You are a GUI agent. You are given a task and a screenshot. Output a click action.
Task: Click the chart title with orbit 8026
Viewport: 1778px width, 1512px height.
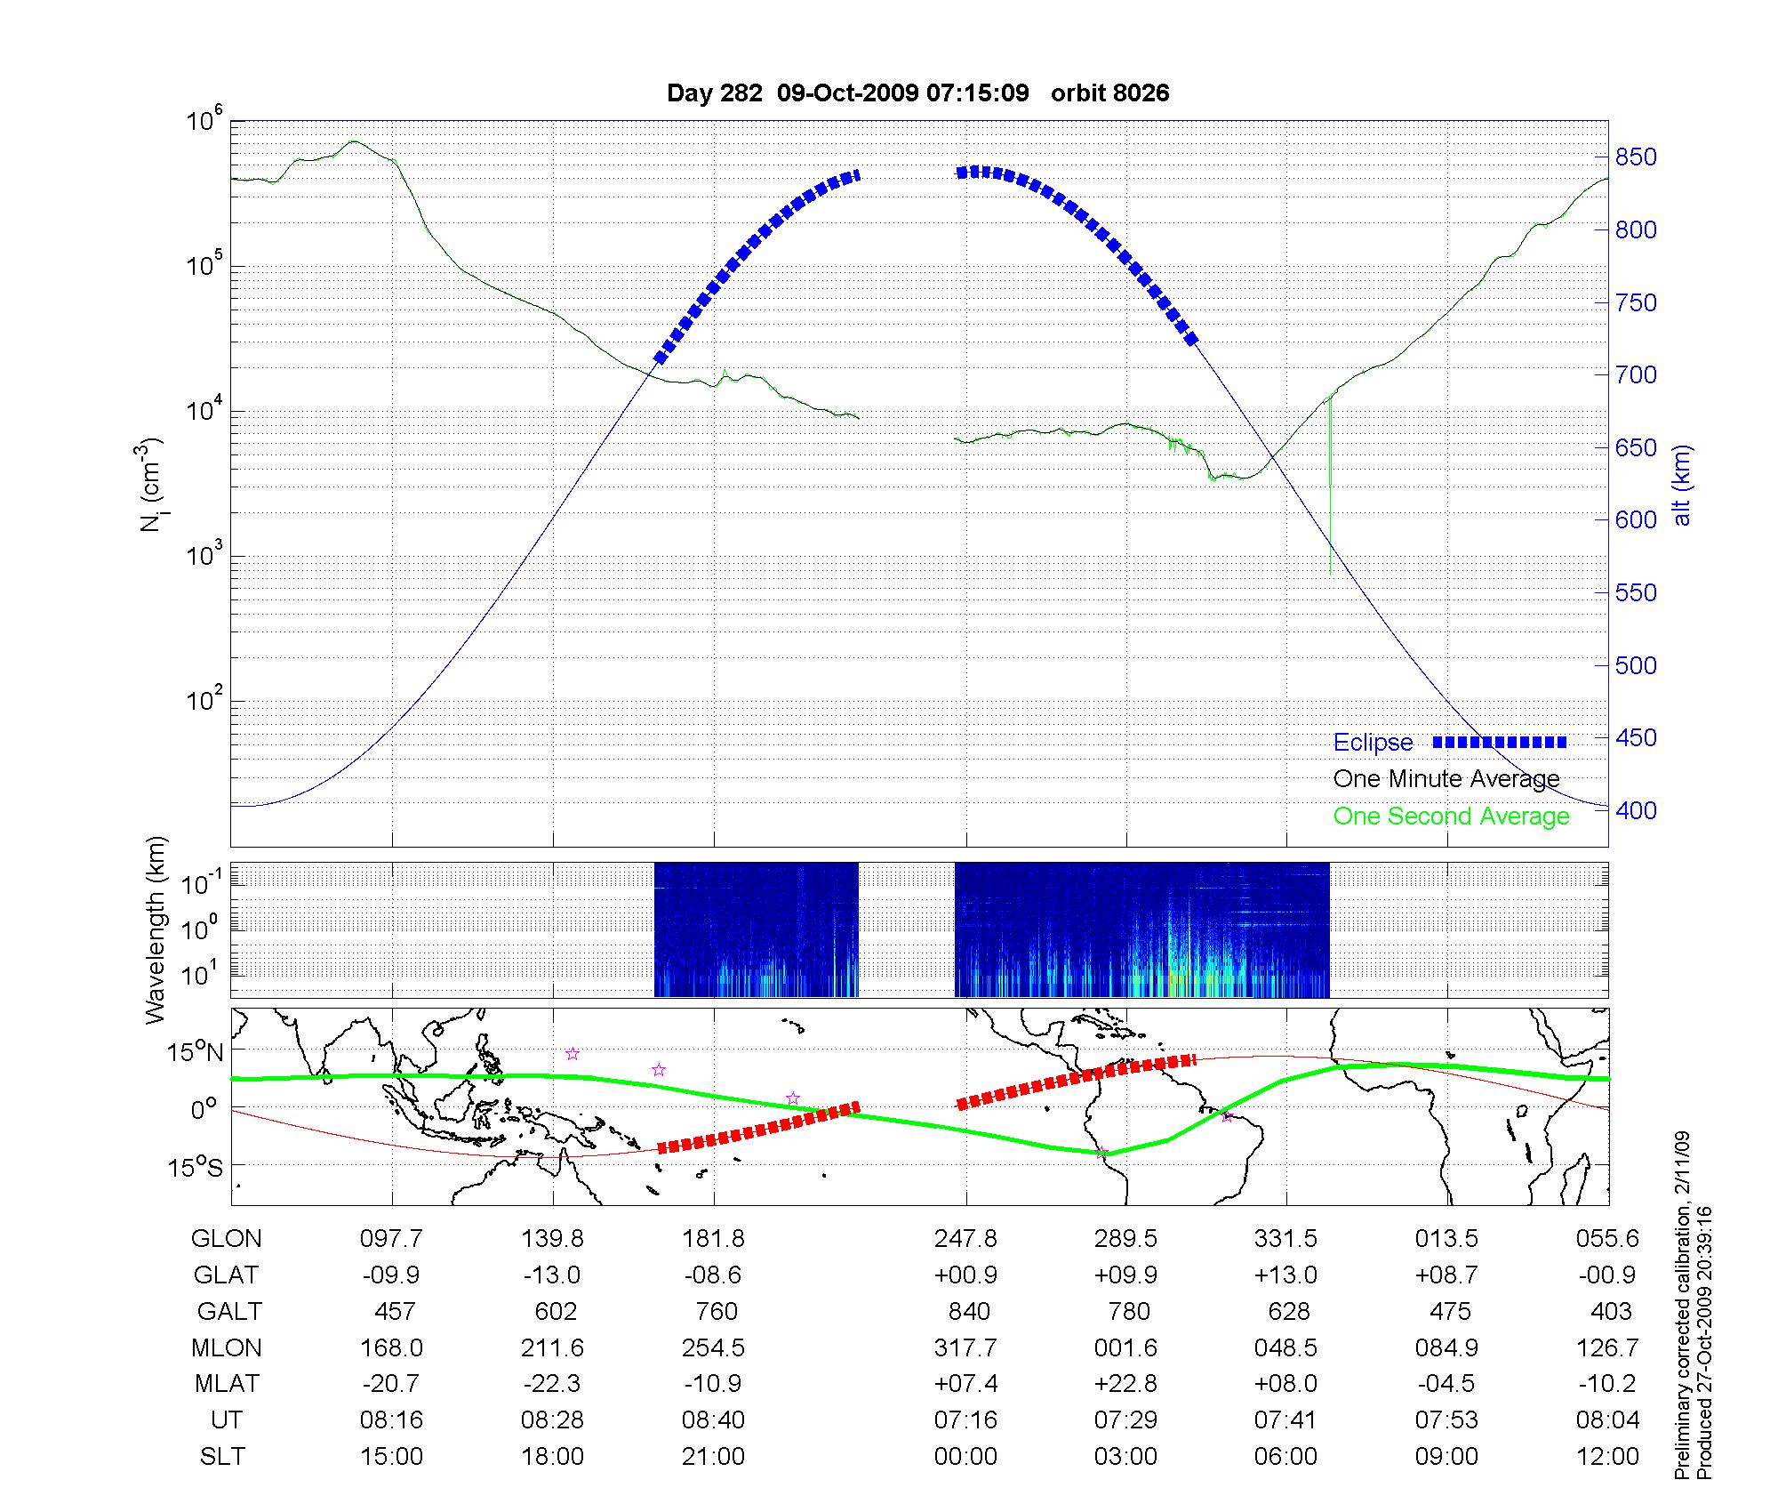[917, 92]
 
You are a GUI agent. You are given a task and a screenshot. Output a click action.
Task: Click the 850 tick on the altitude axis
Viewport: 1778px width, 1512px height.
[1636, 157]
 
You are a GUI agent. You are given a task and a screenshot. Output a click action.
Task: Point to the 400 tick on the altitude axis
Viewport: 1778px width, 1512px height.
[1636, 810]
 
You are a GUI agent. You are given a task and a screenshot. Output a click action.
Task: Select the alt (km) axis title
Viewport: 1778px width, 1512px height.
[1682, 485]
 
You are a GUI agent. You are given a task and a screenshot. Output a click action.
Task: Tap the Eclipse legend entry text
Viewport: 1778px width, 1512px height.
[1373, 743]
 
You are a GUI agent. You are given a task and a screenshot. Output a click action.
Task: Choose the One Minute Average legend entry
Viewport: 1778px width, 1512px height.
[1446, 779]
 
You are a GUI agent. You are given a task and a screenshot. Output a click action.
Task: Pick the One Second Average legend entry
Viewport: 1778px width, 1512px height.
[1451, 816]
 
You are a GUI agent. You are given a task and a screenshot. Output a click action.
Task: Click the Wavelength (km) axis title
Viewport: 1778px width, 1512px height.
[156, 929]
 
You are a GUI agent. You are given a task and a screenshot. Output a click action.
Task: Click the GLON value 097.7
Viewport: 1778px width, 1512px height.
[391, 1238]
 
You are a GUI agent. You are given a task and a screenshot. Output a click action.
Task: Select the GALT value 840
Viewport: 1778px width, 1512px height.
[969, 1311]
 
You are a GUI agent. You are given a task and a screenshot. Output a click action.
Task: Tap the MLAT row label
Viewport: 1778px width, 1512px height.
[227, 1384]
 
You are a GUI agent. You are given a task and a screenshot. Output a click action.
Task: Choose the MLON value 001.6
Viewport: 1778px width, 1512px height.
[1125, 1347]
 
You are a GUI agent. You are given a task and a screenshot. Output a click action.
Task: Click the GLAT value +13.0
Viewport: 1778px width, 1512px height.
[1285, 1275]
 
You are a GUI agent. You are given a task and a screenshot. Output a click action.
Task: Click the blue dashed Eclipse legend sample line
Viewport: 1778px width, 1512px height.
[1500, 742]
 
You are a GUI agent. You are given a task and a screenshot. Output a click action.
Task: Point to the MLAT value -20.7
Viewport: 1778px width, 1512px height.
[391, 1384]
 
